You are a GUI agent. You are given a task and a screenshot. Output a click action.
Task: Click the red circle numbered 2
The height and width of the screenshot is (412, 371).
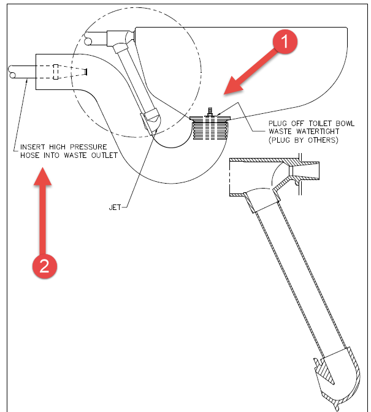tap(44, 266)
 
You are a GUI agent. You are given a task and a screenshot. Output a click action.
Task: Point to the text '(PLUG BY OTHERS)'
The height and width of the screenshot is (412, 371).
tap(303, 140)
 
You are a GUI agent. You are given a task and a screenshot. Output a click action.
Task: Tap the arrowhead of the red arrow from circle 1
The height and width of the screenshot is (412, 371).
tap(228, 91)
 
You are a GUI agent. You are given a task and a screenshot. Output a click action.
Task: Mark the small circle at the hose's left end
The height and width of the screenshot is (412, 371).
tap(13, 73)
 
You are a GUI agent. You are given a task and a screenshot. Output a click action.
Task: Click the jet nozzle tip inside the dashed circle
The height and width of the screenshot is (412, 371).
tap(151, 118)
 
